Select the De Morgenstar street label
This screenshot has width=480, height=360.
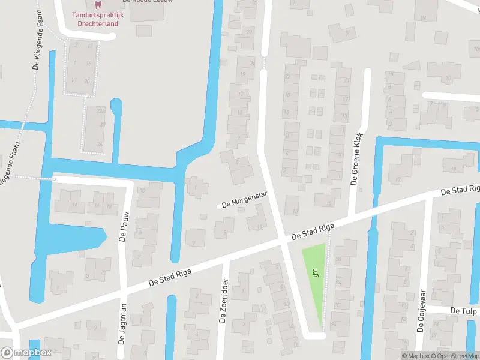[x=244, y=200]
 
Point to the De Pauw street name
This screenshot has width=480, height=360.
[x=122, y=229]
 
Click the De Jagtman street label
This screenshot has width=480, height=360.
[x=122, y=325]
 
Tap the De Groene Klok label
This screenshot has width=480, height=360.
[x=358, y=158]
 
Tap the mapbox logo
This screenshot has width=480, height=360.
[x=26, y=353]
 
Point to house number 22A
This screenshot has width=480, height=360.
[x=102, y=111]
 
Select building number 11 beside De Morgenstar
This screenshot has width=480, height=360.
[x=259, y=227]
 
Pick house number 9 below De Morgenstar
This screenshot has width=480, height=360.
[x=224, y=229]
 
